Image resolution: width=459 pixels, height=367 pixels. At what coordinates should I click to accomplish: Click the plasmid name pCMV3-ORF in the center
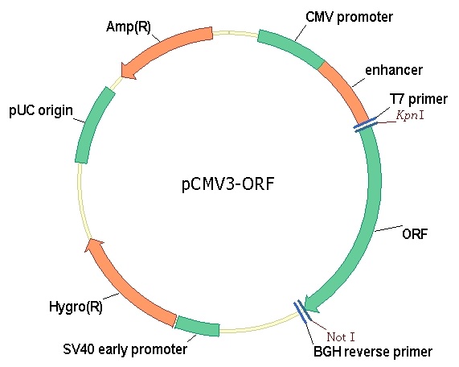tap(228, 184)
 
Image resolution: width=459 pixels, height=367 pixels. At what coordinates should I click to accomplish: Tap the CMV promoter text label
tap(349, 17)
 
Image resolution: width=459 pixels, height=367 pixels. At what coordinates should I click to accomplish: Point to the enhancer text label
tap(394, 70)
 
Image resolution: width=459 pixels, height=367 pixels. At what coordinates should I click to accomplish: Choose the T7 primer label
tap(418, 99)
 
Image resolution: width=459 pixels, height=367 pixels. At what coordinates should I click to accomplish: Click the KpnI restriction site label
tap(410, 115)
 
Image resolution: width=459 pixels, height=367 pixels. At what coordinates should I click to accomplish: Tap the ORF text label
tap(415, 234)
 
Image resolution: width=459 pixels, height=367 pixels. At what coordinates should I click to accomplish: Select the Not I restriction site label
tap(341, 337)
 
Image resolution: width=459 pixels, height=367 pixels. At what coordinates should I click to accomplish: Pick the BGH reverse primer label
tap(373, 352)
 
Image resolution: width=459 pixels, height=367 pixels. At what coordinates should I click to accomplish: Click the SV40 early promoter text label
tap(125, 349)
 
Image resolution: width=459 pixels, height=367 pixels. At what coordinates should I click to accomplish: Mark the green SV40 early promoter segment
tap(198, 326)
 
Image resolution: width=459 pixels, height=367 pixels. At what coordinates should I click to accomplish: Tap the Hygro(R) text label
tap(76, 307)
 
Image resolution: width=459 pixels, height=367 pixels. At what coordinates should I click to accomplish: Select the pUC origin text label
tap(41, 110)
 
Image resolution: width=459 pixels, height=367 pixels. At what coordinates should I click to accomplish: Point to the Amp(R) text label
tap(129, 27)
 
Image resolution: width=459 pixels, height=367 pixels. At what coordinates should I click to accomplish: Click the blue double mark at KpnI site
tap(366, 125)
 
